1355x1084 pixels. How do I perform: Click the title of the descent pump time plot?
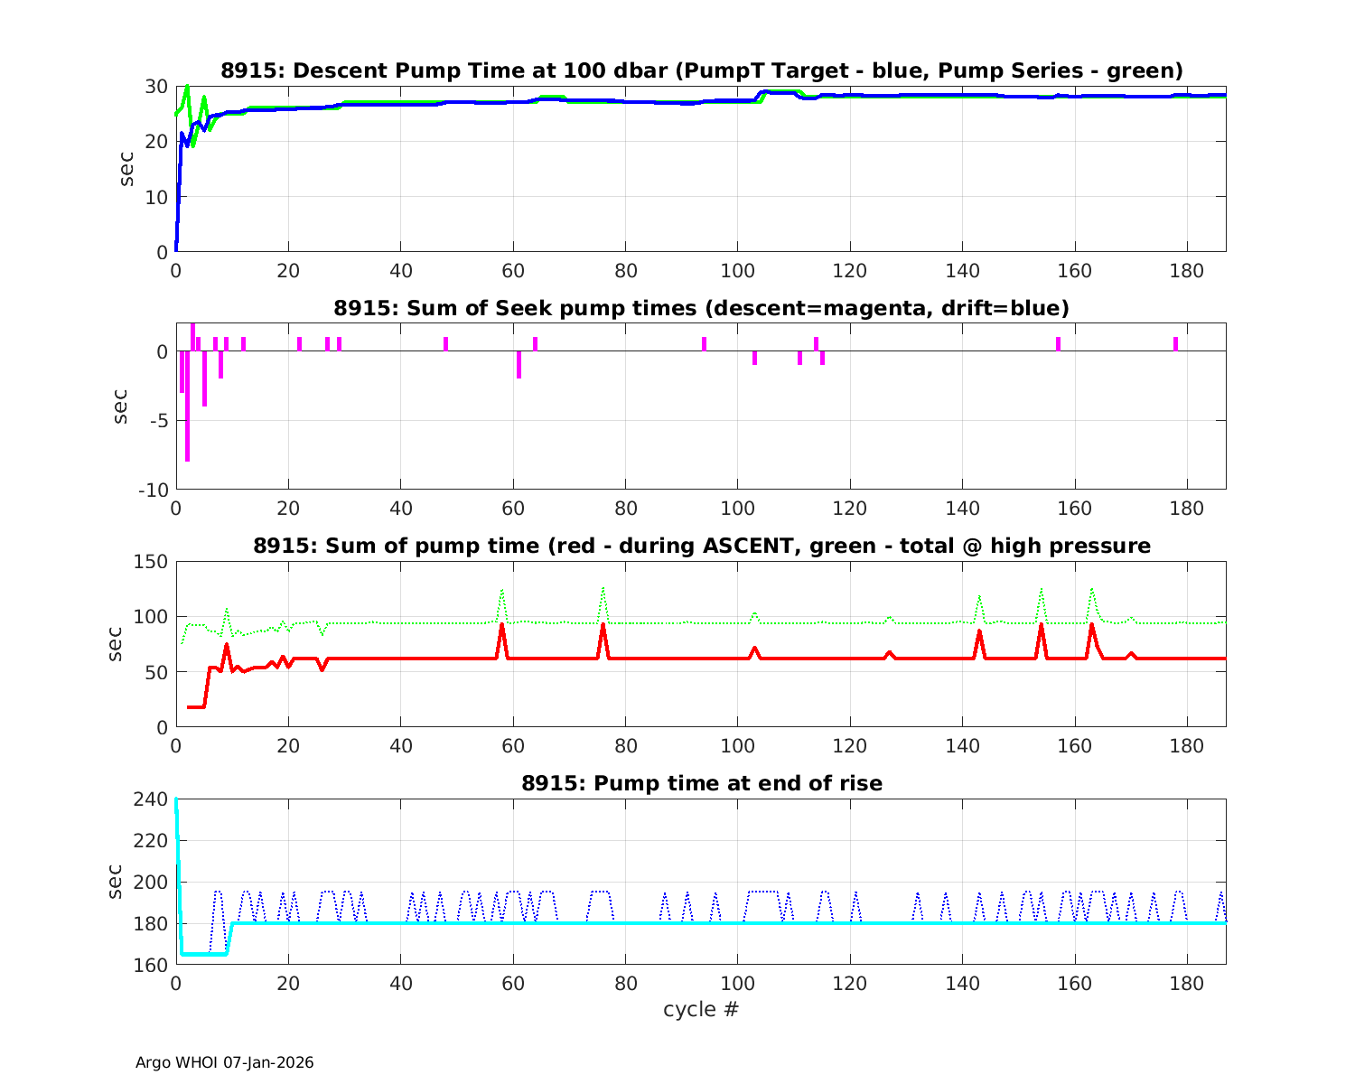click(x=702, y=70)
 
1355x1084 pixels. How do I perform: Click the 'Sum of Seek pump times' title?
click(x=702, y=308)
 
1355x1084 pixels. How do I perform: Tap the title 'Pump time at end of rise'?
click(x=702, y=783)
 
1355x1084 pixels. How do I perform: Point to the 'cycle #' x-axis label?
click(x=701, y=1009)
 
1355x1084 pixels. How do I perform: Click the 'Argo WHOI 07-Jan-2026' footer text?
click(x=225, y=1062)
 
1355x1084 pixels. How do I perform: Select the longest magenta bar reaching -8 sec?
click(x=187, y=406)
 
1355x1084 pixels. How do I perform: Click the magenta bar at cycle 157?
click(x=1058, y=343)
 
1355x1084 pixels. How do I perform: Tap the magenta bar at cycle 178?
click(x=1175, y=343)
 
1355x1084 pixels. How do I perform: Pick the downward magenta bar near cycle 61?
click(x=519, y=364)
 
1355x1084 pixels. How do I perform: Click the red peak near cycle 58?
click(x=501, y=626)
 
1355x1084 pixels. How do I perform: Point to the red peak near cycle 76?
click(x=603, y=626)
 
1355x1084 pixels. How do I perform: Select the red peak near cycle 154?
click(x=1041, y=625)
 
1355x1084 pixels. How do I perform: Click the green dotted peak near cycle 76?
click(x=603, y=589)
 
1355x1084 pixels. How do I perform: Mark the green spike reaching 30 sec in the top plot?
click(x=187, y=88)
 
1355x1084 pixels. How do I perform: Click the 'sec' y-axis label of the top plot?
click(x=127, y=169)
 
